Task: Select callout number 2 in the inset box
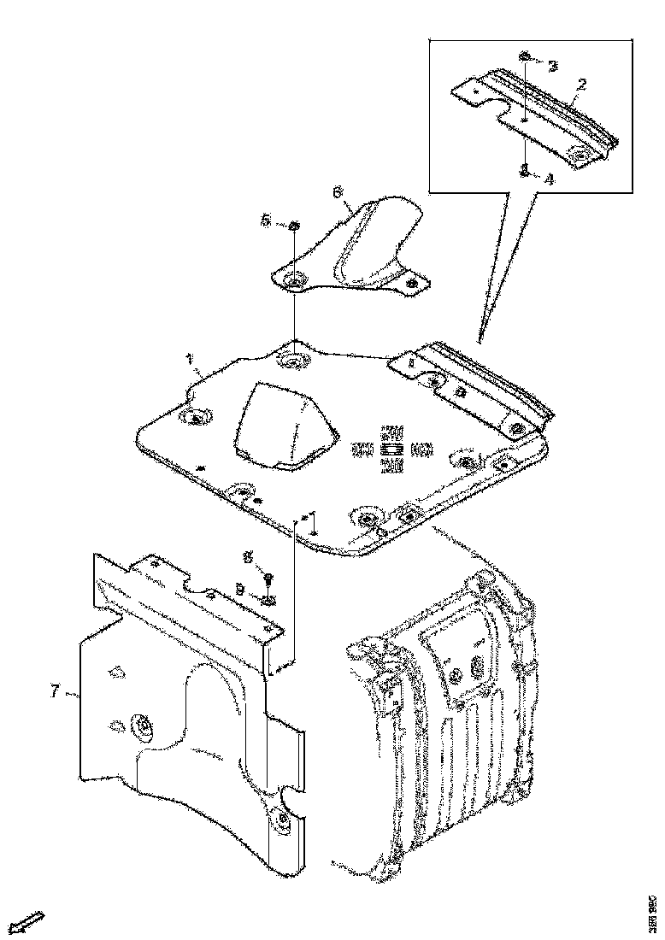pos(581,84)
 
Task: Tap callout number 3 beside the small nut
pos(552,66)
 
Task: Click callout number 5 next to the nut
pos(267,221)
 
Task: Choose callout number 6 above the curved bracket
pos(338,193)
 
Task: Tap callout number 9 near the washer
pos(240,589)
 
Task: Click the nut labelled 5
pos(293,225)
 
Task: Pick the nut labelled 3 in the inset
pos(525,57)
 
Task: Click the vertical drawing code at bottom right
pos(652,906)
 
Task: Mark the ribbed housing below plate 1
pos(444,718)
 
